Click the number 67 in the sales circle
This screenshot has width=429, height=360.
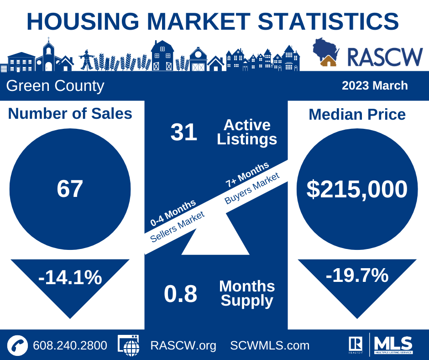[x=70, y=189]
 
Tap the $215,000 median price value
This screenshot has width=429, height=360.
[x=357, y=189]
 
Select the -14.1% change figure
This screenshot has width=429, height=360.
[x=70, y=277]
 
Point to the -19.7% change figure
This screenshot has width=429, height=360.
[x=357, y=275]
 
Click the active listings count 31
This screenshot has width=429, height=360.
[x=183, y=132]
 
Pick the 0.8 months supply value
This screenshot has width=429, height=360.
[x=181, y=294]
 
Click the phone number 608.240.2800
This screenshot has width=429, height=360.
[x=70, y=345]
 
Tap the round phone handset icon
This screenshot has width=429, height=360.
[x=17, y=345]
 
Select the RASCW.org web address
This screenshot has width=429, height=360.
[x=183, y=346]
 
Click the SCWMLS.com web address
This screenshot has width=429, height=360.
[x=270, y=345]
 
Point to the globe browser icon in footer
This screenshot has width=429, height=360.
[x=129, y=345]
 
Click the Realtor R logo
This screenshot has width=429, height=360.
[x=356, y=344]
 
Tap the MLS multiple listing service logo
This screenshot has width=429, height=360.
[x=394, y=344]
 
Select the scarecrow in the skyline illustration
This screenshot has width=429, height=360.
[x=87, y=60]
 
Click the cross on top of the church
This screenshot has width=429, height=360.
[x=48, y=39]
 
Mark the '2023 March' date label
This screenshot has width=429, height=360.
[x=375, y=85]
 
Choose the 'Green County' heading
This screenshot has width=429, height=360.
[x=55, y=86]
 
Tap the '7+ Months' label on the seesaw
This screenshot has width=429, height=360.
[x=247, y=175]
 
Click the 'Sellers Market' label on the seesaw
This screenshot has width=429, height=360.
[x=177, y=227]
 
